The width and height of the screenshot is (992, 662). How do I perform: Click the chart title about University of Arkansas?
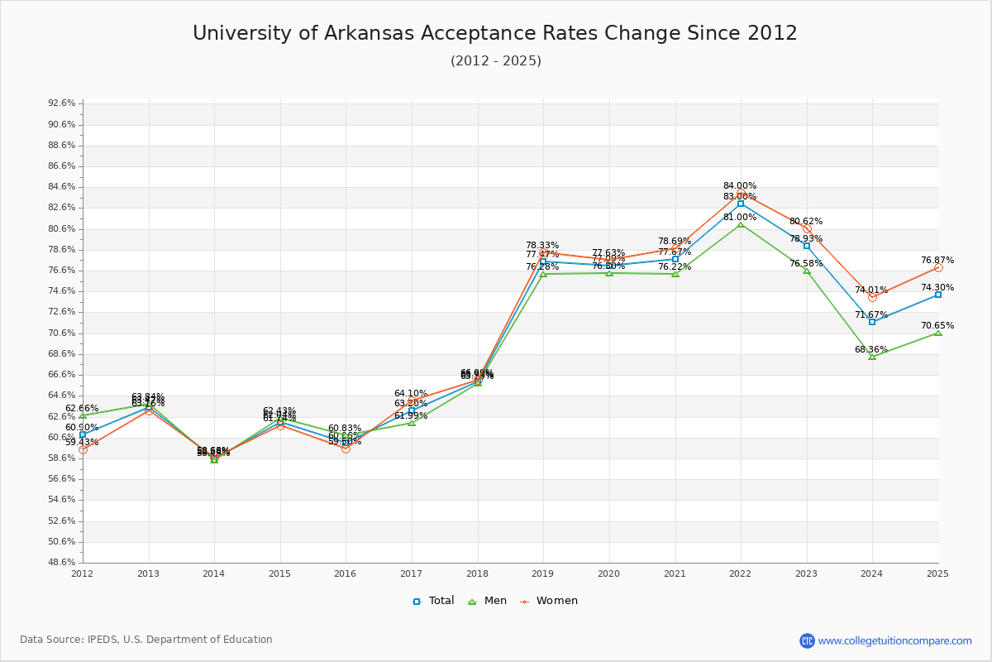[494, 33]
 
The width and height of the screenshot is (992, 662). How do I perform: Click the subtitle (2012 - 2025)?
[495, 61]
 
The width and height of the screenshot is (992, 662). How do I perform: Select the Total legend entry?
[433, 601]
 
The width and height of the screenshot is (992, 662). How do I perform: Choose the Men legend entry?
[487, 601]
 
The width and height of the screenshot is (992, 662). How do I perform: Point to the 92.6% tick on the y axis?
[62, 103]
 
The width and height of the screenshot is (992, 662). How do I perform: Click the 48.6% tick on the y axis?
[62, 563]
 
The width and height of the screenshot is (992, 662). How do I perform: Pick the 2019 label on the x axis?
[543, 573]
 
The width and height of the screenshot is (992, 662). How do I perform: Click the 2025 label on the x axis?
[937, 573]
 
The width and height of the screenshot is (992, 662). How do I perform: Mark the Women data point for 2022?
[741, 194]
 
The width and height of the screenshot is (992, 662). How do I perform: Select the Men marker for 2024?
[872, 357]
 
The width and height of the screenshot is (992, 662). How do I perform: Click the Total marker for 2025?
[938, 295]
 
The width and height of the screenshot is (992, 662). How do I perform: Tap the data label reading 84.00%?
[740, 186]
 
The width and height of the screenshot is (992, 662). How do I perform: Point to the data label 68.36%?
[871, 349]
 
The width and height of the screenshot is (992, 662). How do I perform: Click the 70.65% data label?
[937, 325]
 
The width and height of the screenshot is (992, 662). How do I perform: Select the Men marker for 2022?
[741, 225]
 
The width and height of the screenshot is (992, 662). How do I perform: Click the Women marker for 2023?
[807, 229]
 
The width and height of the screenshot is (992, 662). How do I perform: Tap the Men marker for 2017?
[412, 423]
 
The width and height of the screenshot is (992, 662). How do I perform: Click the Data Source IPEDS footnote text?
[146, 640]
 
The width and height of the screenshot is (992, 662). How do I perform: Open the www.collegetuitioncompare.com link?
[894, 640]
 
